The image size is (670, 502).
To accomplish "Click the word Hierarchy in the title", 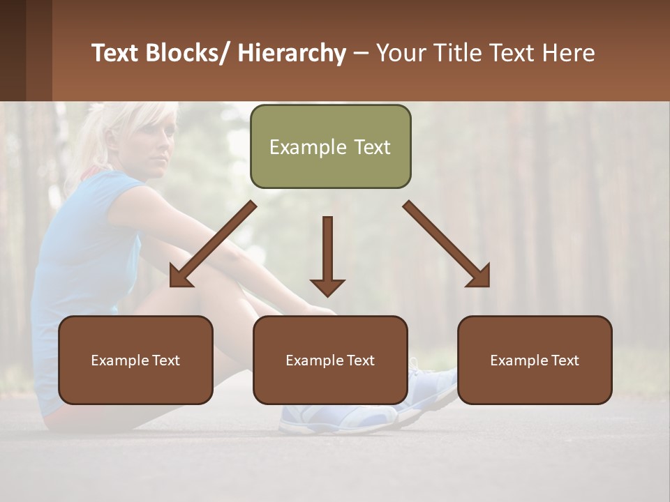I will pyautogui.click(x=292, y=53).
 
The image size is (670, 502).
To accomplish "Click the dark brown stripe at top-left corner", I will pyautogui.click(x=13, y=49).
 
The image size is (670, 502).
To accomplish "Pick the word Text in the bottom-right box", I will pyautogui.click(x=565, y=360).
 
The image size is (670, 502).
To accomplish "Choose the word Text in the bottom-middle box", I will pyautogui.click(x=360, y=360).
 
